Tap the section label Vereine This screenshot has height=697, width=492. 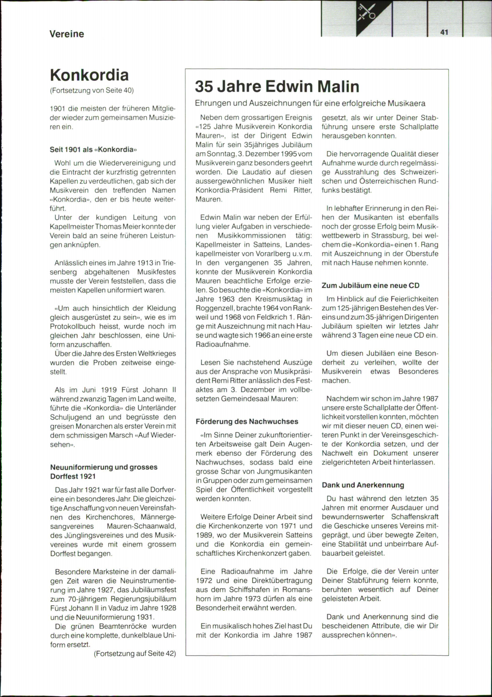pyautogui.click(x=66, y=34)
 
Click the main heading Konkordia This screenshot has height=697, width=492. pyautogui.click(x=89, y=75)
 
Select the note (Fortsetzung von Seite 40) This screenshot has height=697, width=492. pyautogui.click(x=92, y=90)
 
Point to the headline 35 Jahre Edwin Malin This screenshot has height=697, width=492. pyautogui.click(x=277, y=86)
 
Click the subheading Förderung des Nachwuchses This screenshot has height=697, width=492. pyautogui.click(x=247, y=421)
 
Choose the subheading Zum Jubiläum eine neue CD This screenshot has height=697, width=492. pyautogui.click(x=371, y=285)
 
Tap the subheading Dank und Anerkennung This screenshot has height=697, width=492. pyautogui.click(x=363, y=485)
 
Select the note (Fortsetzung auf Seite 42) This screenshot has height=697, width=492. pyautogui.click(x=135, y=654)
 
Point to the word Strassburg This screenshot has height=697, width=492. pyautogui.click(x=390, y=235)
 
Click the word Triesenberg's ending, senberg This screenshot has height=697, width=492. pyautogui.click(x=64, y=272)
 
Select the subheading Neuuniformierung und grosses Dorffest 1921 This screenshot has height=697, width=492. pyautogui.click(x=104, y=471)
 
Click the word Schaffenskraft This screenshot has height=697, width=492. pyautogui.click(x=415, y=517)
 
